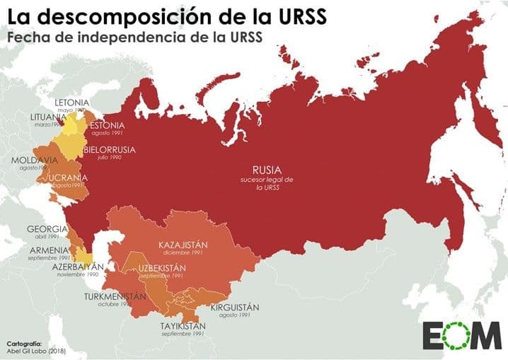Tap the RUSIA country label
click(267, 170)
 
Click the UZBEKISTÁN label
click(162, 267)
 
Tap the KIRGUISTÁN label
click(234, 307)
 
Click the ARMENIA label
click(48, 250)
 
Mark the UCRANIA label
click(69, 177)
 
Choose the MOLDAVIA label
click(34, 161)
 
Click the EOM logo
click(460, 335)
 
